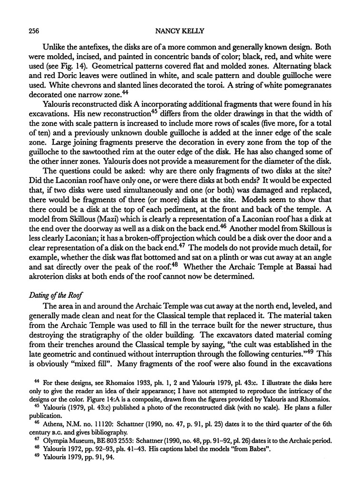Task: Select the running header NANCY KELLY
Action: (180, 31)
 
